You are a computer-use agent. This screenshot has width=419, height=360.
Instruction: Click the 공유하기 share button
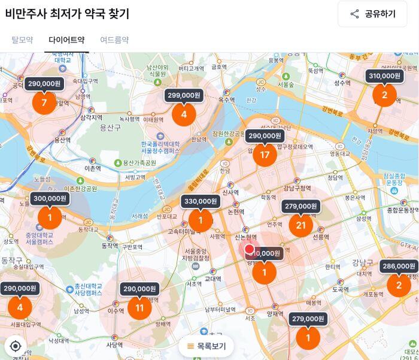click(372, 14)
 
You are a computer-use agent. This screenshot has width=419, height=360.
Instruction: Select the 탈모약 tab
click(22, 40)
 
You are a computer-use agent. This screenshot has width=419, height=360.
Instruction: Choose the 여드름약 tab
click(114, 40)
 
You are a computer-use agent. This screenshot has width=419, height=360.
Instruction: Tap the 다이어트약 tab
click(66, 40)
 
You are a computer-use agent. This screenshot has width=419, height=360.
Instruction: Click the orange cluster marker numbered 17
click(265, 155)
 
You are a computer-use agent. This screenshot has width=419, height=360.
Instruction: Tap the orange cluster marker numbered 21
click(300, 225)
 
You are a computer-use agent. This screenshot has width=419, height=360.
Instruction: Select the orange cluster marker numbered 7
click(44, 102)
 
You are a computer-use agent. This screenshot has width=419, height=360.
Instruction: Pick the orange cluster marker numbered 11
click(139, 308)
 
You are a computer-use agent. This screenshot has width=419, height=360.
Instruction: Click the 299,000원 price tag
click(184, 95)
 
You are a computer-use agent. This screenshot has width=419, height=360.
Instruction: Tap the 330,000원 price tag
click(200, 201)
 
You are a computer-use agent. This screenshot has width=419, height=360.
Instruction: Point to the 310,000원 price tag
click(384, 75)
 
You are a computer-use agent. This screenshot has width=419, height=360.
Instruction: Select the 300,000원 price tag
click(50, 198)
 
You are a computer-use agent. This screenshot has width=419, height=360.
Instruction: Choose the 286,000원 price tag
click(399, 266)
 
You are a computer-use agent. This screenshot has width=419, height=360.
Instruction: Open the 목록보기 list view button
click(207, 346)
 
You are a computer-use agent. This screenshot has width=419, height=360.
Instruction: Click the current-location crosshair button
click(16, 346)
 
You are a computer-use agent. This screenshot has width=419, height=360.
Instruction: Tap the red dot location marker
click(250, 249)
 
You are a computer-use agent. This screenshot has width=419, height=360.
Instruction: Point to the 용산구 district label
click(110, 128)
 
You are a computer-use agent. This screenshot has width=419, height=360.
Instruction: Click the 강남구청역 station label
click(297, 188)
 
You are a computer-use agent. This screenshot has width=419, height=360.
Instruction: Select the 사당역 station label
click(114, 345)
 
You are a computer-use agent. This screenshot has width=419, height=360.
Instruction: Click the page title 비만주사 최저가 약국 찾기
click(67, 13)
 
